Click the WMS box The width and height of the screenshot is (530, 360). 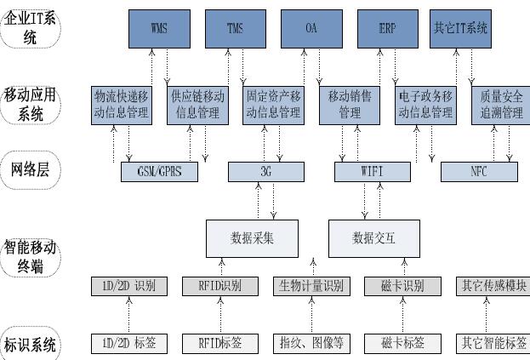(159, 29)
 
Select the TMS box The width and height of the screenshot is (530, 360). (236, 29)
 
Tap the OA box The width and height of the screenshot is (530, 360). (311, 29)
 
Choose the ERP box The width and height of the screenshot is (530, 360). (388, 29)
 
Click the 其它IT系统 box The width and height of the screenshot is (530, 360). (460, 29)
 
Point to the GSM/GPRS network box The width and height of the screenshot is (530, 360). (160, 172)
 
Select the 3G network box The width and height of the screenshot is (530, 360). (266, 172)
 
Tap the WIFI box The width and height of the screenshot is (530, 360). (373, 172)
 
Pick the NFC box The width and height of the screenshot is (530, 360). (479, 172)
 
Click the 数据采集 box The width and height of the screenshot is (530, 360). (252, 238)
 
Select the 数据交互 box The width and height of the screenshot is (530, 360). (374, 238)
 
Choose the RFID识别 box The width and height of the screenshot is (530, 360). (220, 286)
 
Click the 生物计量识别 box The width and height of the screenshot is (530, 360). (311, 286)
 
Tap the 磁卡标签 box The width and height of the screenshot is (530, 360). (402, 344)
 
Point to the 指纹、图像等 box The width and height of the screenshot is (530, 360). (311, 344)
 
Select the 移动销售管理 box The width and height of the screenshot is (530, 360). (350, 106)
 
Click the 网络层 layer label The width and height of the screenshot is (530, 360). (31, 169)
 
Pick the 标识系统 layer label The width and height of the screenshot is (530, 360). (31, 345)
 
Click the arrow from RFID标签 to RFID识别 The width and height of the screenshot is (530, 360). (220, 315)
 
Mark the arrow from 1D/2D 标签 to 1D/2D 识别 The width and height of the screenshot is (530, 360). (128, 315)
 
